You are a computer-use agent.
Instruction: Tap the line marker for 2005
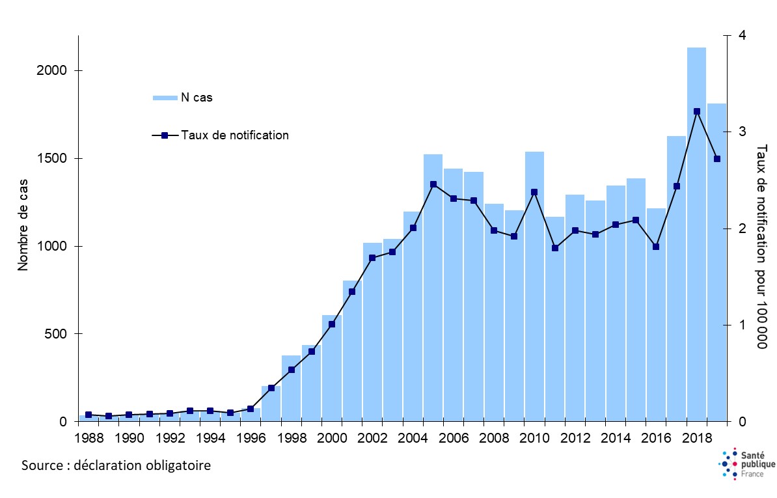[x=433, y=184]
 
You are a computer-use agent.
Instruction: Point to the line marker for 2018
[x=696, y=111]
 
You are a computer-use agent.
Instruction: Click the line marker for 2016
[x=656, y=247]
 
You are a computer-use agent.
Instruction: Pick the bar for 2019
[x=716, y=273]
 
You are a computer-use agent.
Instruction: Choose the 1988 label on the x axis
[x=89, y=437]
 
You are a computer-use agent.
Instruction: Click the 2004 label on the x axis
[x=413, y=437]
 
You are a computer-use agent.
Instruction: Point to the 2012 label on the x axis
[x=575, y=437]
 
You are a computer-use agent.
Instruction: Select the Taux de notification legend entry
[x=235, y=135]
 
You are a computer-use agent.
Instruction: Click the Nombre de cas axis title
[x=23, y=228]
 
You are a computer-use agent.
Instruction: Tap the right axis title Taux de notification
[x=762, y=246]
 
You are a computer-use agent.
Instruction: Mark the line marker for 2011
[x=554, y=248]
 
